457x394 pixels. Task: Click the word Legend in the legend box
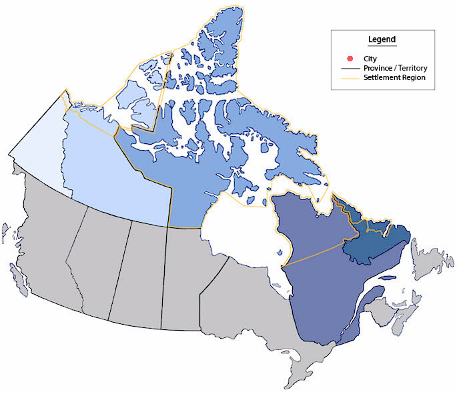tap(382, 40)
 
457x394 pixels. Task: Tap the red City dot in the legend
tap(350, 59)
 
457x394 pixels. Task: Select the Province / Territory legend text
tap(395, 69)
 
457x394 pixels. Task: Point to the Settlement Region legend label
tap(394, 78)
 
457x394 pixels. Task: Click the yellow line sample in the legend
tap(350, 78)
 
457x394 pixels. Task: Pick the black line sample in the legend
tap(350, 69)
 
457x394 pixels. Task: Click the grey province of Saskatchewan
tap(137, 273)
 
